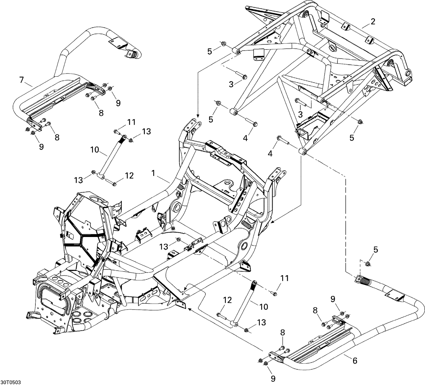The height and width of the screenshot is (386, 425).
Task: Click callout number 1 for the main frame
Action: tap(153, 173)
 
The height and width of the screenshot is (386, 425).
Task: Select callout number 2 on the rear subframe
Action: tap(373, 21)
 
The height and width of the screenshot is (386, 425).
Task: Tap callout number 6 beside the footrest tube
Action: tap(354, 361)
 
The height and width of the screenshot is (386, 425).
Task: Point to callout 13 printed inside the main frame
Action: tap(164, 247)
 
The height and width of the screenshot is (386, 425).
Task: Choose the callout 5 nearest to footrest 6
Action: tap(375, 250)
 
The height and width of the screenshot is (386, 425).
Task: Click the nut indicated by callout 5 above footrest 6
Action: tap(367, 264)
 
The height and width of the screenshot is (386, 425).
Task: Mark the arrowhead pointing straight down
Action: tap(198, 116)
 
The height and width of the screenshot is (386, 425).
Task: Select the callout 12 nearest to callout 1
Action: tap(129, 176)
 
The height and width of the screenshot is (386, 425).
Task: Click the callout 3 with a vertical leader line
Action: tap(300, 114)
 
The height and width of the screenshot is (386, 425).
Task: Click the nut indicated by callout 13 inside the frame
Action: tap(178, 240)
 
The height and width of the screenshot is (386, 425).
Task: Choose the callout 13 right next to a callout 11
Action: tap(146, 131)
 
